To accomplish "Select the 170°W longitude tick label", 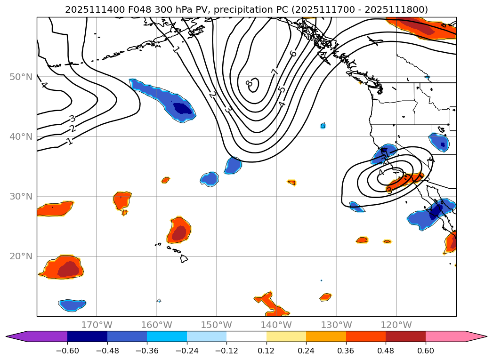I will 97,325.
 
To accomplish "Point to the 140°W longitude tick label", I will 276,325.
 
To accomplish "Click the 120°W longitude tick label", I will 396,325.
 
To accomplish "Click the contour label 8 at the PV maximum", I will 249,83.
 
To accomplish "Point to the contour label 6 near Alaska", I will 293,54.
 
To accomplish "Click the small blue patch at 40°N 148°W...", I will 233,166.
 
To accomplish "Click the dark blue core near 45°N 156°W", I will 184,109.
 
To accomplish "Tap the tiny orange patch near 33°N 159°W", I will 165,180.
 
